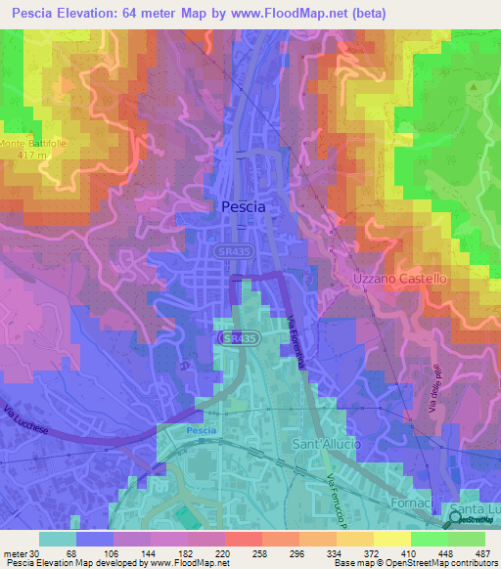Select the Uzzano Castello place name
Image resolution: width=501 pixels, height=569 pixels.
pos(399,280)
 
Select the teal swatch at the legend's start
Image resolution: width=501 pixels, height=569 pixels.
pos(58,539)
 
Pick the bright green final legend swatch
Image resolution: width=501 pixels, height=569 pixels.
pos(467,539)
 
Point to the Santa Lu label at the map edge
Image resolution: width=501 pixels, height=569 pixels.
pos(474,510)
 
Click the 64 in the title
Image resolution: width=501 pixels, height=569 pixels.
pos(154,14)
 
